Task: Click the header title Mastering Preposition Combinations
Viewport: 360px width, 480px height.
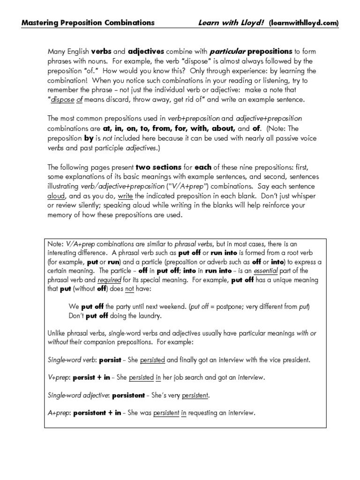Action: tap(88, 22)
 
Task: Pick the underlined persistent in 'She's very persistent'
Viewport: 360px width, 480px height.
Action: tap(194, 395)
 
